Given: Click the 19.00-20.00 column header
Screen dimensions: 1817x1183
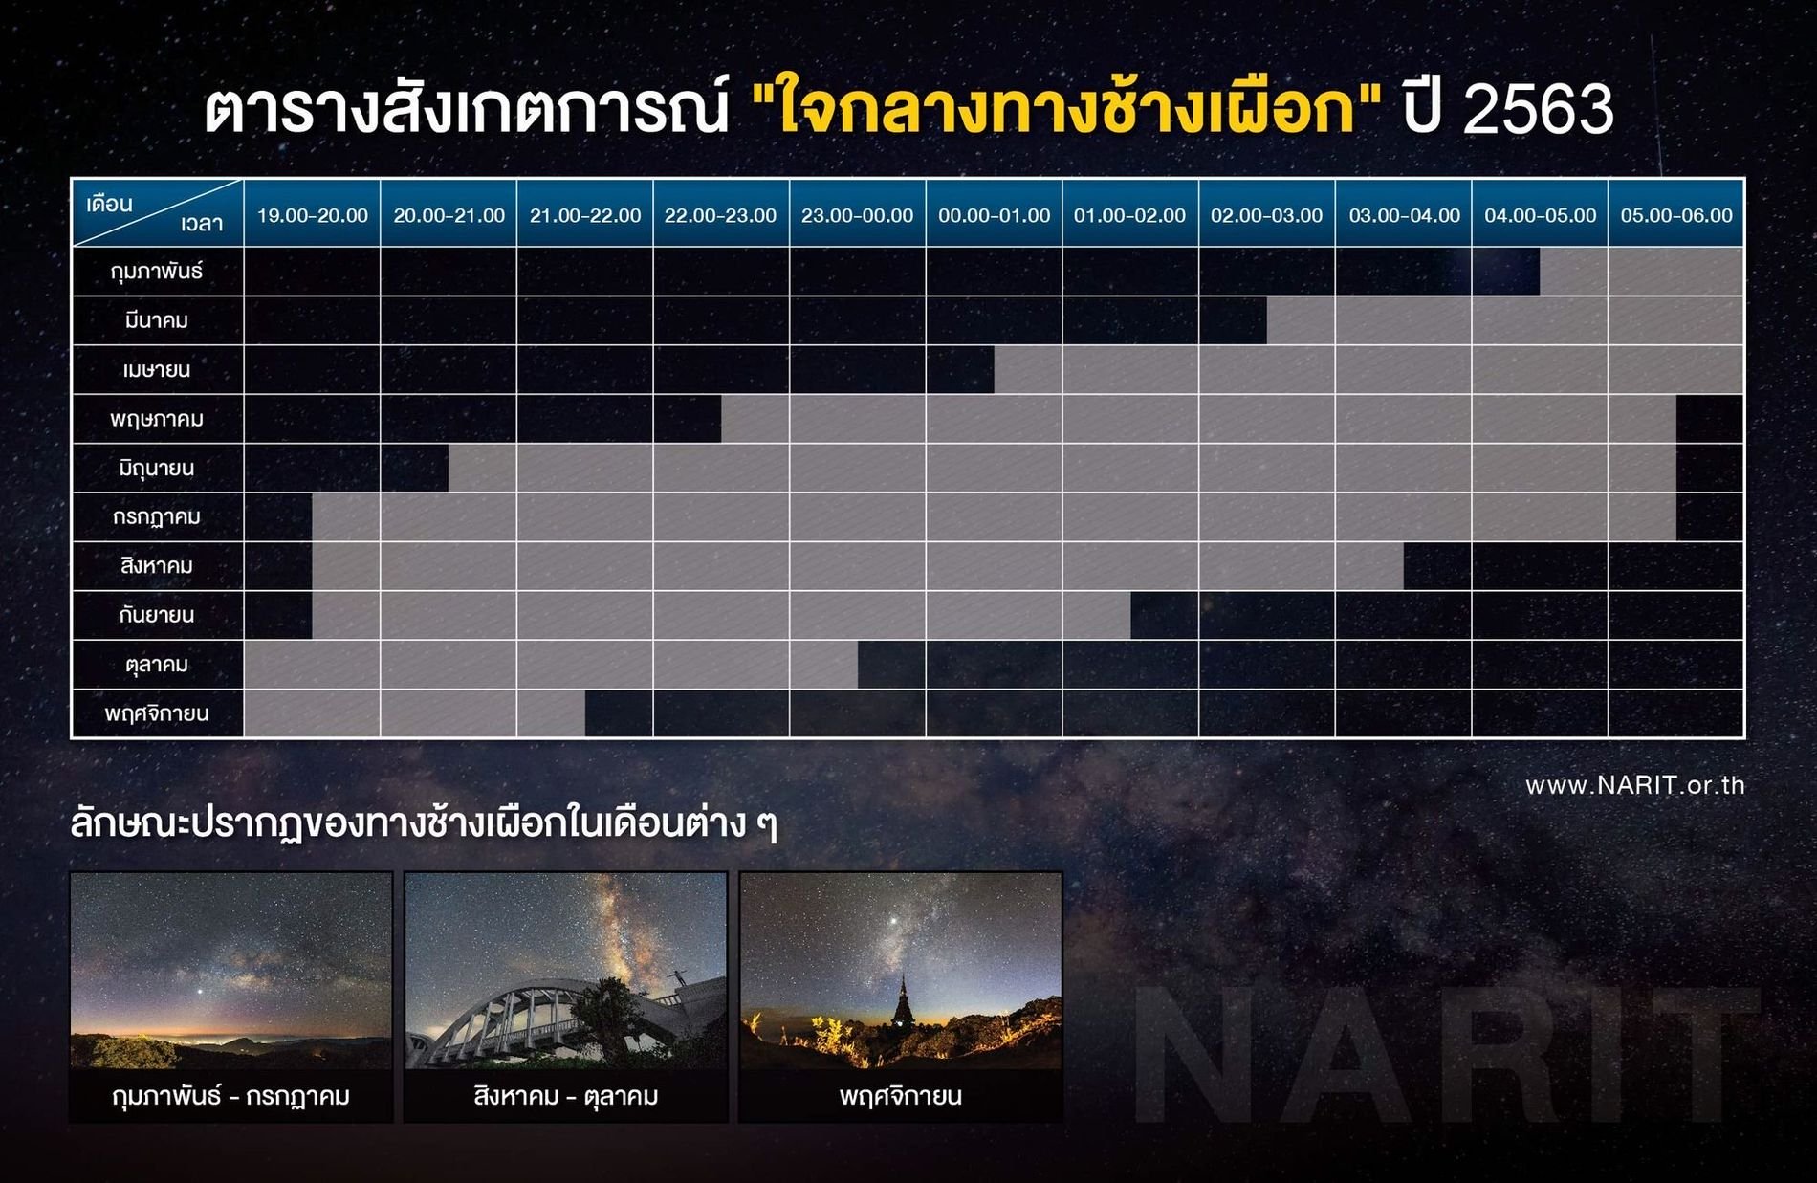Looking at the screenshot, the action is (312, 215).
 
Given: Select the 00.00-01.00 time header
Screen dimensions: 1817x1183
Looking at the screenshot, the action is (994, 215).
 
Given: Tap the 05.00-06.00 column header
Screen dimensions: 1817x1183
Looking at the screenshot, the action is (1676, 215).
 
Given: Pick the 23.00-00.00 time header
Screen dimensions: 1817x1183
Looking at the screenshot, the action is (857, 215).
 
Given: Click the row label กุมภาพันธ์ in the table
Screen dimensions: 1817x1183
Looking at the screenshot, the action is (157, 272).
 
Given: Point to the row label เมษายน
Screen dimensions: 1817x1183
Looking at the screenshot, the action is (157, 370).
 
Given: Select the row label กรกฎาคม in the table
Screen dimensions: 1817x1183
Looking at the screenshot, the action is (157, 517).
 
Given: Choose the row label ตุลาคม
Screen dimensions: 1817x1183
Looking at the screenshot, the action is (157, 665).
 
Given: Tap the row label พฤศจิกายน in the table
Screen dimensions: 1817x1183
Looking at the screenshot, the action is (157, 713).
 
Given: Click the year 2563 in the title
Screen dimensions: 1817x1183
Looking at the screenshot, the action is (1539, 109).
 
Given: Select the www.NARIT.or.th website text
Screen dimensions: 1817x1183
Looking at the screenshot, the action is (1635, 785).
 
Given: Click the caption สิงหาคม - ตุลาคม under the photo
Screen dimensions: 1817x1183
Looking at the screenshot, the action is (566, 1096).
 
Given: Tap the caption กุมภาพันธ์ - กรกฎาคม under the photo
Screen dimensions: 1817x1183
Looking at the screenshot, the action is (231, 1096).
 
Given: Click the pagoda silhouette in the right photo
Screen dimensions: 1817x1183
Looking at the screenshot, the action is (903, 1004).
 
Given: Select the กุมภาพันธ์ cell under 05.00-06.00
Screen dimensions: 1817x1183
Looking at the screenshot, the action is (1676, 272).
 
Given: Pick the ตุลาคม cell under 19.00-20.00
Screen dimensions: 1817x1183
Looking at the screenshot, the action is (312, 665).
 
